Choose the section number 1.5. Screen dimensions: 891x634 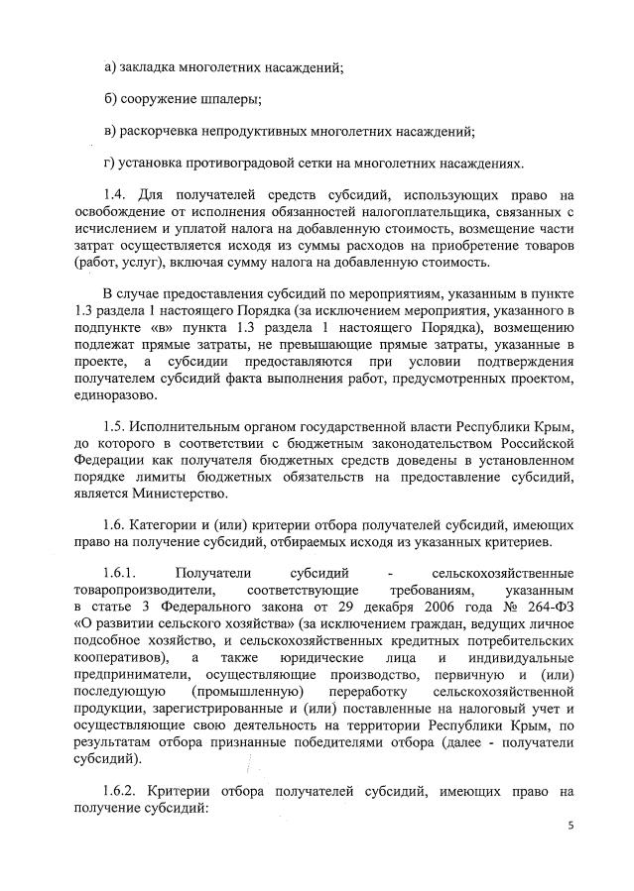(x=116, y=426)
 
